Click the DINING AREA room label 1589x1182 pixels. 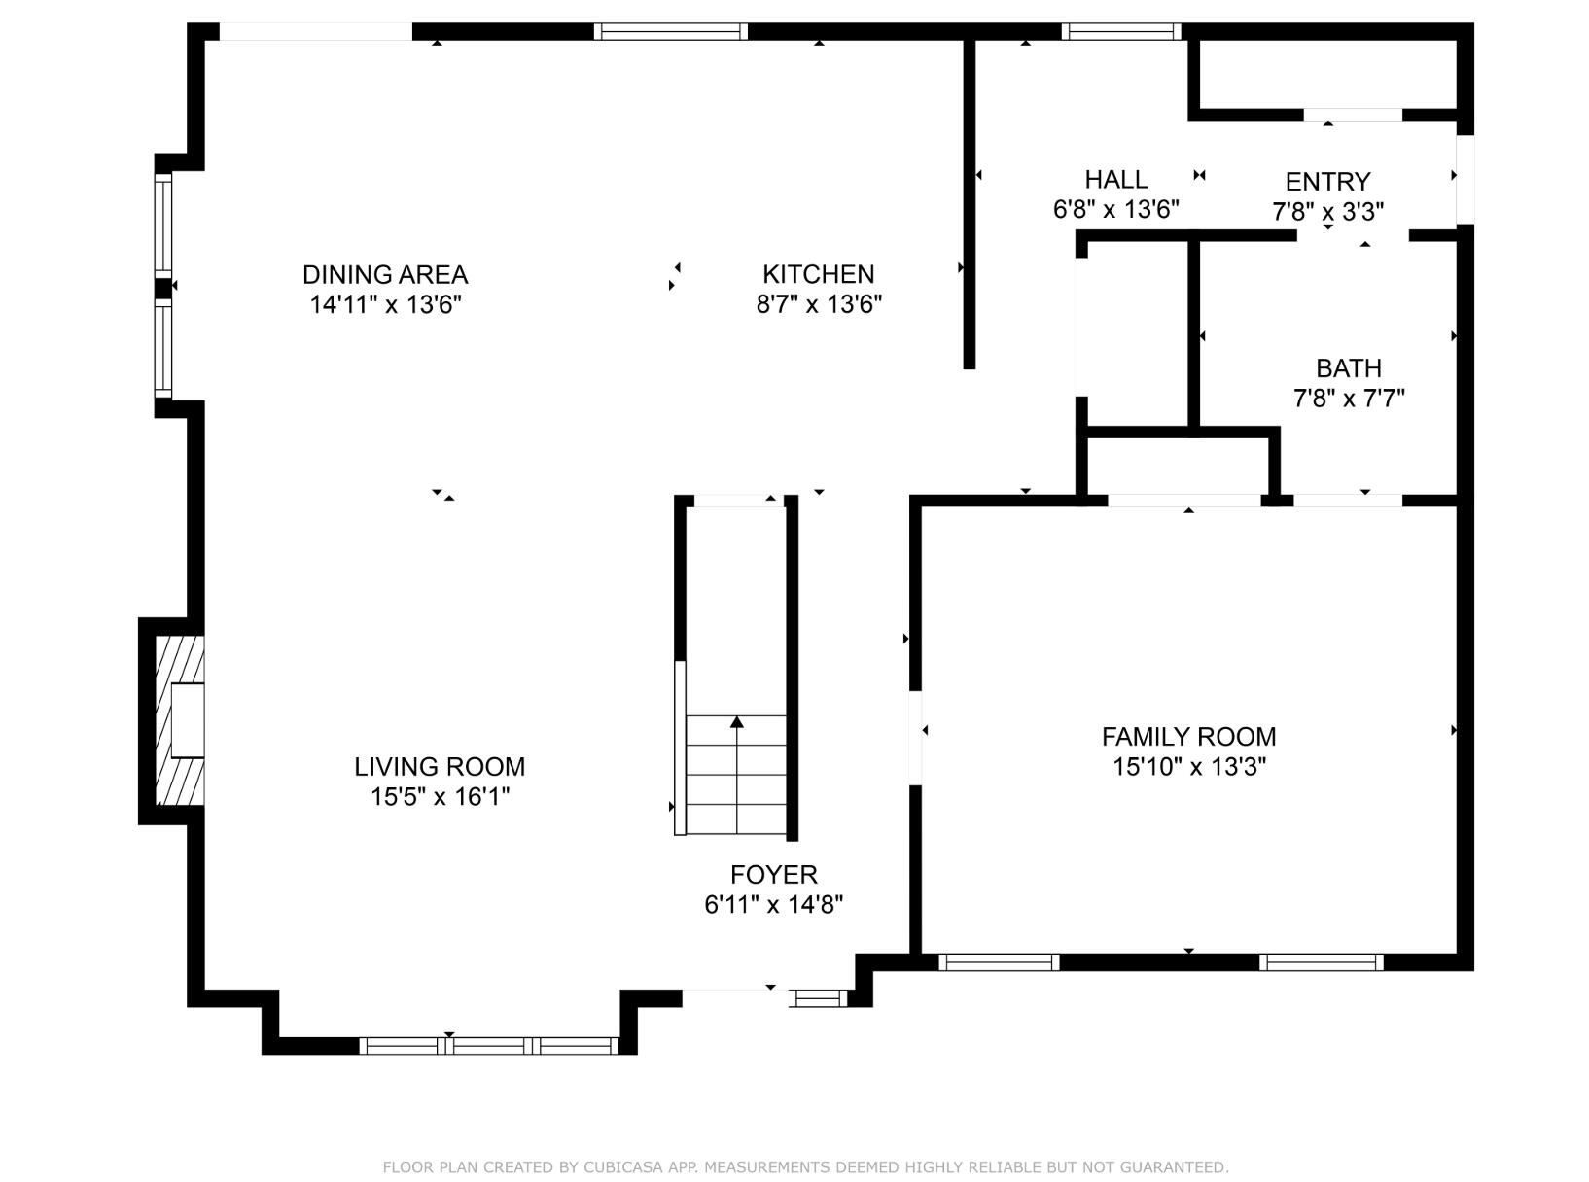click(x=385, y=274)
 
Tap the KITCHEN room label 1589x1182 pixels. click(x=818, y=274)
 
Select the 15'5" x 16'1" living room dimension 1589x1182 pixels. click(x=440, y=797)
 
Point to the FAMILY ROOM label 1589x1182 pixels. click(x=1188, y=737)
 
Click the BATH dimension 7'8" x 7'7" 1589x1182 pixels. click(x=1348, y=399)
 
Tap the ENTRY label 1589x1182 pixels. click(x=1327, y=182)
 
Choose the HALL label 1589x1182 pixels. click(x=1115, y=179)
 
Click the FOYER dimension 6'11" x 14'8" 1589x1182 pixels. click(x=773, y=905)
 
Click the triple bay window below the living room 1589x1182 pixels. click(x=488, y=1046)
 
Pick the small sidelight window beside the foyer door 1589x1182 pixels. click(x=819, y=997)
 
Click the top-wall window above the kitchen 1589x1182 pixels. click(x=671, y=31)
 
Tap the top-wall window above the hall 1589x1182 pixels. click(x=1120, y=31)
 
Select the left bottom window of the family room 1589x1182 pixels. click(x=999, y=962)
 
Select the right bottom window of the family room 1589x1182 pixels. click(x=1321, y=962)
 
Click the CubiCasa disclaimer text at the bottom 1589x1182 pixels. click(x=805, y=1167)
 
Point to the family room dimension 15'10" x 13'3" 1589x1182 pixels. click(x=1188, y=767)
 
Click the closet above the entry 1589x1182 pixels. click(x=1326, y=76)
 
